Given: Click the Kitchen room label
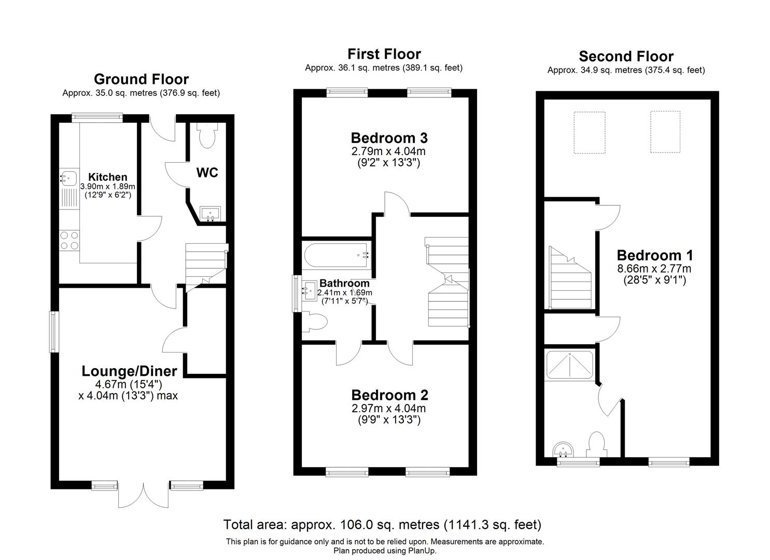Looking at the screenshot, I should [107, 177].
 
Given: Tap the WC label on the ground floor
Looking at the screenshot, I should [207, 173].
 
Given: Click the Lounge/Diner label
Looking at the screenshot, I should [129, 371].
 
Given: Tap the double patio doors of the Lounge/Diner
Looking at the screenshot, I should [143, 495].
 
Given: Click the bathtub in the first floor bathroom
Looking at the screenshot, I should [336, 255].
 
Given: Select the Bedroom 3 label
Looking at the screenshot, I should [389, 138].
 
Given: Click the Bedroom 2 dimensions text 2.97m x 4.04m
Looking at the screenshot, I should [388, 408].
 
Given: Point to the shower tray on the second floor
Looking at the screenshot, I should [569, 365].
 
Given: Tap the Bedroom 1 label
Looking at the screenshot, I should [654, 255].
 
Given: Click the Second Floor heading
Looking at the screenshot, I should [626, 56].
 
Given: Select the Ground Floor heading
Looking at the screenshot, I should [141, 79].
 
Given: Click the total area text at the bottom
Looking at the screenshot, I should [382, 524].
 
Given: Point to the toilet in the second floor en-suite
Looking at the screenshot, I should [594, 445].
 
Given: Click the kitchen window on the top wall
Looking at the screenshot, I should [97, 117].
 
